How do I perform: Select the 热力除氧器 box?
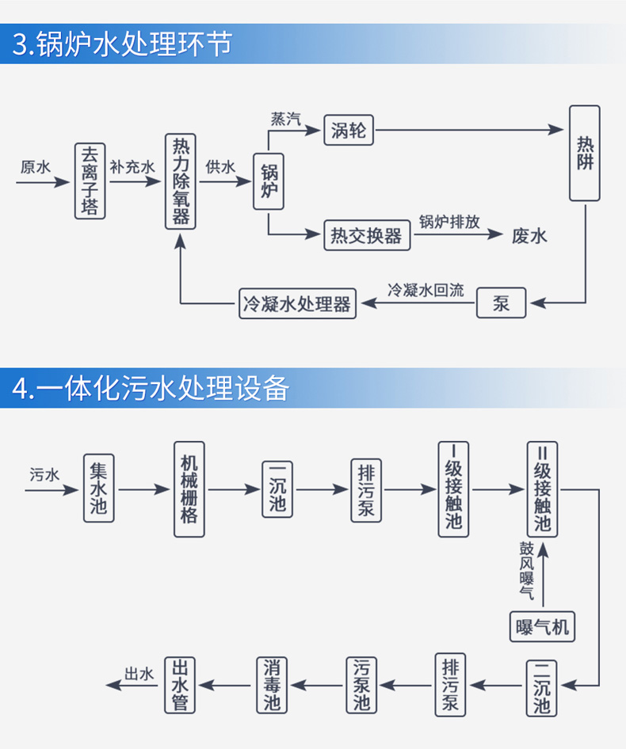coord(180,181)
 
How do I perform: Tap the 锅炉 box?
coord(269,181)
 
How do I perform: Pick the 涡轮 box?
coord(349,130)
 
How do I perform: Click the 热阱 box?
coord(585,153)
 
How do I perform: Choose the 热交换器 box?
coord(366,235)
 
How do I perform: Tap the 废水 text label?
coord(529,236)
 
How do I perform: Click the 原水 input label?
coord(35,167)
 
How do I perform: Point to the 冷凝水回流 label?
coord(426,290)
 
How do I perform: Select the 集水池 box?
coord(98,488)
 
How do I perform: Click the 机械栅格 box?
coord(189,489)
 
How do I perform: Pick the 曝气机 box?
coord(542,626)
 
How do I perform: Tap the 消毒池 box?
coord(272,684)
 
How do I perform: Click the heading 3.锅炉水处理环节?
coord(123,44)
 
